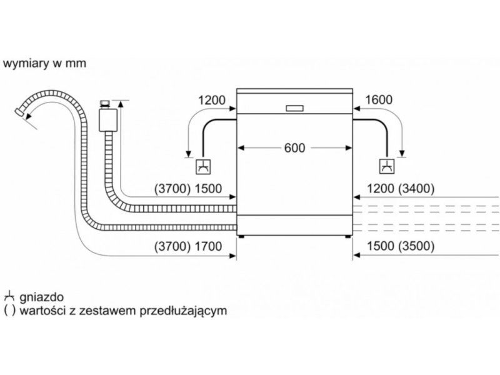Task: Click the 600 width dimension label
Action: coord(294,148)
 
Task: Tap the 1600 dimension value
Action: coord(379,100)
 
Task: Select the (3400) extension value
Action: coord(416,189)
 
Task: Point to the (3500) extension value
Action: coord(416,246)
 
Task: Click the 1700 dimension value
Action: coord(208,246)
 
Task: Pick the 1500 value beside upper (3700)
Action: coord(208,189)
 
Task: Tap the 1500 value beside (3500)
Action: coord(381,246)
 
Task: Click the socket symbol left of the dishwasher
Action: coord(203,166)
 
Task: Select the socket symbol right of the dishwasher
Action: coord(387,166)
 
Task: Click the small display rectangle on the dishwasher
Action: coord(294,108)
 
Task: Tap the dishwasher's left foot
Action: coord(242,237)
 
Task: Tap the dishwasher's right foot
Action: coord(347,237)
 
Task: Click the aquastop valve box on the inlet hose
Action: coord(108,119)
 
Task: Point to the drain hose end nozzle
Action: coord(20,112)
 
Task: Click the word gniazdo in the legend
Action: coord(41,297)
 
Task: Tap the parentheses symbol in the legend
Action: coord(9,310)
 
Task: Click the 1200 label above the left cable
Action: coord(212,101)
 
